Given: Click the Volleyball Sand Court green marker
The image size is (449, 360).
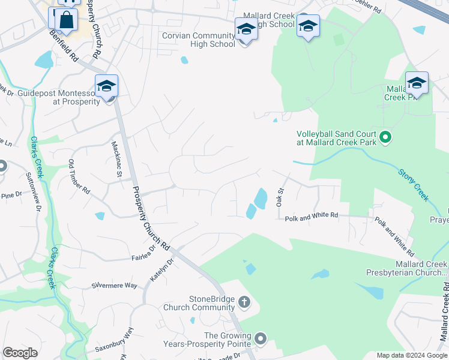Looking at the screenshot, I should point(385,138).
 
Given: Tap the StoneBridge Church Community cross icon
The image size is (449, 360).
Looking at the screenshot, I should point(244,302).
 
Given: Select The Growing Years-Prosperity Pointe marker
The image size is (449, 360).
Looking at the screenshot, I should point(260,339).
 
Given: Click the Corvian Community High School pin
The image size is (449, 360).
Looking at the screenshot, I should point(246,29).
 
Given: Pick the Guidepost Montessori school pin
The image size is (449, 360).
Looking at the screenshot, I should point(106,87).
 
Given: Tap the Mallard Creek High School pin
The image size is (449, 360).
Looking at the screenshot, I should point(308,27).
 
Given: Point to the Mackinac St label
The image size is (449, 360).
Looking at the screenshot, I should point(116,159).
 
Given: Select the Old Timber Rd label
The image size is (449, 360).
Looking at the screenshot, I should point(79,178).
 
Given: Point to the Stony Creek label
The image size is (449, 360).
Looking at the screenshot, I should point(414,185).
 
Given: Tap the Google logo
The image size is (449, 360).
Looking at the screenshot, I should point(20,353).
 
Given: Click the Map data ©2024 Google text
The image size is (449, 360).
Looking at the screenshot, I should point(411,355).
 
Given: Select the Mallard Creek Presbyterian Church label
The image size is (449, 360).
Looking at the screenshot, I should point(407,268).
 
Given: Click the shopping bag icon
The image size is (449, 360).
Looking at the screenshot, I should point(66,20).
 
